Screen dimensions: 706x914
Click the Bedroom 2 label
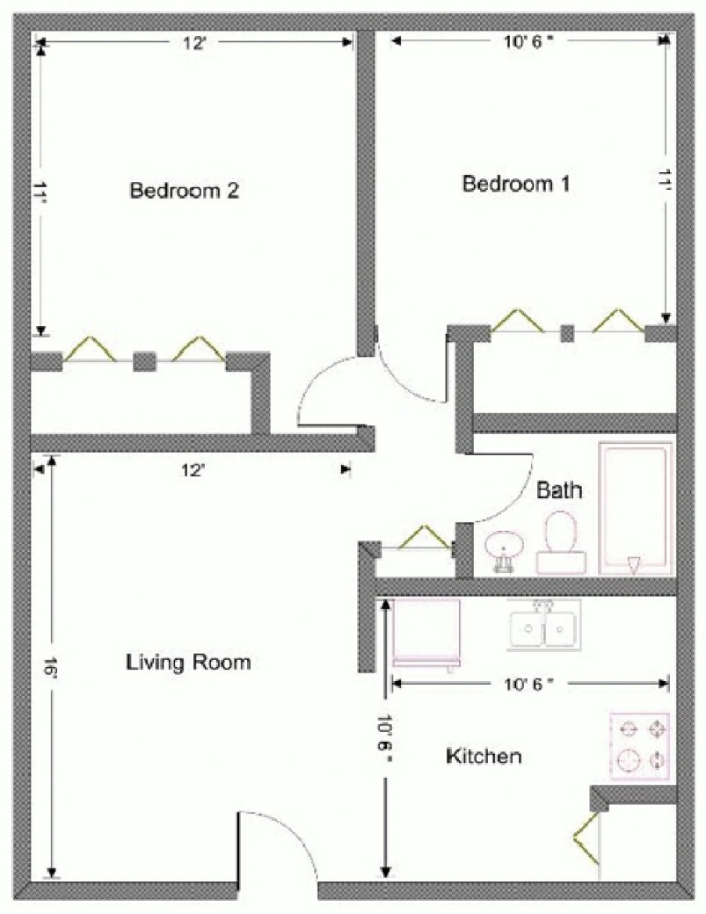point(185,191)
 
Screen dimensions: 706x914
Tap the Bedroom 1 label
point(516,184)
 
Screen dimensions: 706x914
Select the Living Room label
point(188,662)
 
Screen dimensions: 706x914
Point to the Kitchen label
point(484,756)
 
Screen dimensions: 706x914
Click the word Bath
point(559,490)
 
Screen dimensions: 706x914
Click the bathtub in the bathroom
point(636,509)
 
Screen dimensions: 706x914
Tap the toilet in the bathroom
point(561,543)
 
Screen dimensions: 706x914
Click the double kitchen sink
point(543,626)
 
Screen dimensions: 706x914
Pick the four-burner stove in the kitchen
point(639,746)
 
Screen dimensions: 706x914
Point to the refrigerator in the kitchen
point(426,635)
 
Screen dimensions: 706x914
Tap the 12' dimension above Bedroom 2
point(194,42)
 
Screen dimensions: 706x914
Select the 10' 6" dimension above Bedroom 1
point(528,41)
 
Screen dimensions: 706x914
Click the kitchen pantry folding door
point(586,838)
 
